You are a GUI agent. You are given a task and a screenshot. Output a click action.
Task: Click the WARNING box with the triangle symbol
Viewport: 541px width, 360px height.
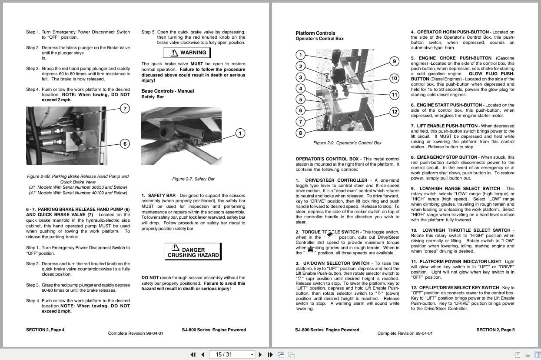(187, 53)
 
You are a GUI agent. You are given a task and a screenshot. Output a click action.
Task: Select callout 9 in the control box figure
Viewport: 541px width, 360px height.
(394, 61)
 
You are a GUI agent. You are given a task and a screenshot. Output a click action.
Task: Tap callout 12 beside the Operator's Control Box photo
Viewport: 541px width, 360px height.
(394, 112)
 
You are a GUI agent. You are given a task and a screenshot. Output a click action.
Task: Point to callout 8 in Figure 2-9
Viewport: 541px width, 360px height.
(300, 133)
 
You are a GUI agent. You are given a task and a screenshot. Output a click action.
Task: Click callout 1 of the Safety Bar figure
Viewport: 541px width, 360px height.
(240, 133)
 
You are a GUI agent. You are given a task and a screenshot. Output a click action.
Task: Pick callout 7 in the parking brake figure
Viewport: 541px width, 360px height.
(125, 109)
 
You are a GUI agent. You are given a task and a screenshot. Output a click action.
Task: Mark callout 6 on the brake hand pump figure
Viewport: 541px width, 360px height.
(125, 144)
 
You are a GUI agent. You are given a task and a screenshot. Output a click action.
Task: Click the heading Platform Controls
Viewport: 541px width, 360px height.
(315, 33)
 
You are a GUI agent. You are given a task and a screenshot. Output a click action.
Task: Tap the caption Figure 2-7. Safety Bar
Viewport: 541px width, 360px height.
(193, 179)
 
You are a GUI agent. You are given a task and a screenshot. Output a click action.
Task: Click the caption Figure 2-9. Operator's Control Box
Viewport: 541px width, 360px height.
(347, 143)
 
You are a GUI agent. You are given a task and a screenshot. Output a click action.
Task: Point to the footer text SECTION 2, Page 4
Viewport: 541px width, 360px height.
(45, 330)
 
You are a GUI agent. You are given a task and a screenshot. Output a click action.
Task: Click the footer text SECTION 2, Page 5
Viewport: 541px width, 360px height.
(495, 330)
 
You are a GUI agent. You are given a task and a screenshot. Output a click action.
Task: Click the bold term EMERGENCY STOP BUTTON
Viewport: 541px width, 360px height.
(441, 157)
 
